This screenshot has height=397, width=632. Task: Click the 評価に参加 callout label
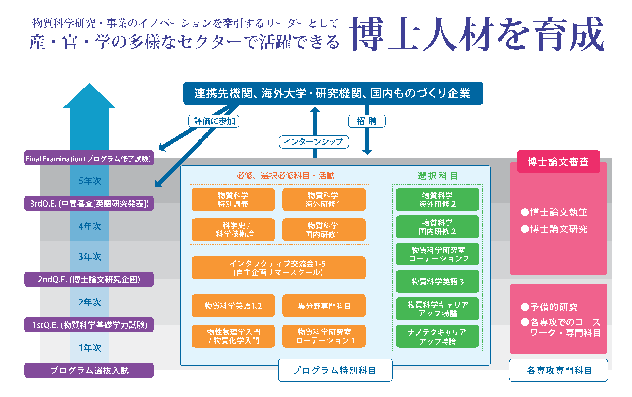point(214,121)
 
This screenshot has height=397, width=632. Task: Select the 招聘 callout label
point(367,121)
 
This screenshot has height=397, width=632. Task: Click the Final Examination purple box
point(89,158)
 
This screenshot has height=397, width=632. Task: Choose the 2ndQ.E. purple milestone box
point(89,279)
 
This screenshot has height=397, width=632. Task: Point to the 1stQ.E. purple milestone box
point(89,325)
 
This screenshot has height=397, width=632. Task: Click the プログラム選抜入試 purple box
point(89,370)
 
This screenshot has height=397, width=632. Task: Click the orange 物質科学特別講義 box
point(233,200)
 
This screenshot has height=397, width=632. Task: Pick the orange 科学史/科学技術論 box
point(233,230)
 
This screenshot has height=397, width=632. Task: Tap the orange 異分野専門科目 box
point(324,306)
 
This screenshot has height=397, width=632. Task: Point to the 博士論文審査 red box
point(558,161)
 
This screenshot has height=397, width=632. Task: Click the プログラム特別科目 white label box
point(335,370)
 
